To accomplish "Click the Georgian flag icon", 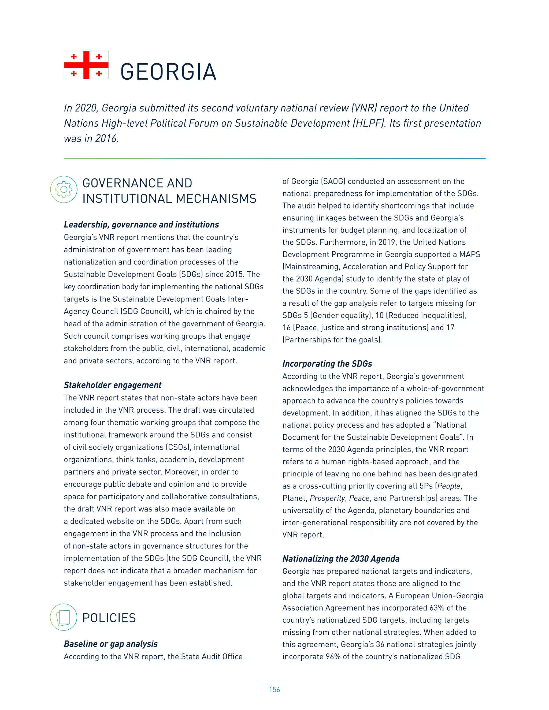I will click(86, 65).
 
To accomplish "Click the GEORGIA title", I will click(168, 72).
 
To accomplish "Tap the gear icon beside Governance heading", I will click(64, 189).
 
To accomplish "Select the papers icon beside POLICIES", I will click(64, 617).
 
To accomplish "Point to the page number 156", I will click(274, 690).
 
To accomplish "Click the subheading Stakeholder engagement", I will click(113, 385).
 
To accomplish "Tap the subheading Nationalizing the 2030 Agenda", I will click(341, 559).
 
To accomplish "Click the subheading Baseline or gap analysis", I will click(111, 644).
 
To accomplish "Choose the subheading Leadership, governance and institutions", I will click(141, 225).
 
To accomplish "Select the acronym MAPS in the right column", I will click(470, 255).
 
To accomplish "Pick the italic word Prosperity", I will click(327, 498).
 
